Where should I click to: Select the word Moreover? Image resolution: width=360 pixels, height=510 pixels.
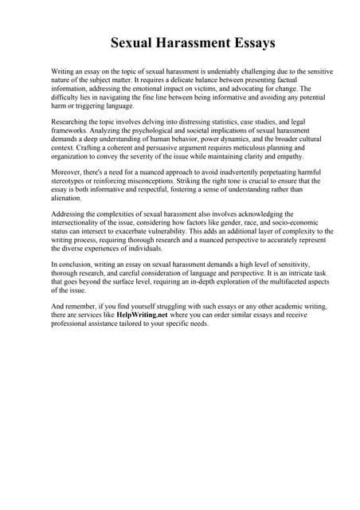68,172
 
